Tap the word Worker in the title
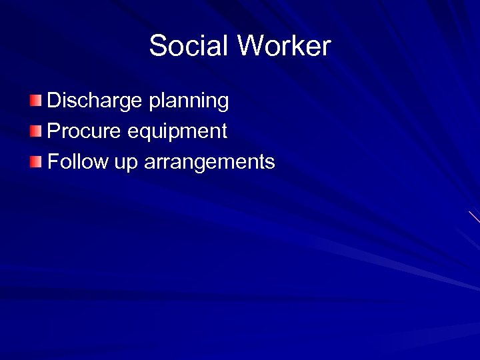tap(284, 47)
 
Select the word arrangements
tap(209, 162)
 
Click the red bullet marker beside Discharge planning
tap(35, 101)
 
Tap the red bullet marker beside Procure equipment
tap(35, 131)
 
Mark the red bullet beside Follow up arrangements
tap(35, 161)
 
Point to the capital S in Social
tap(159, 47)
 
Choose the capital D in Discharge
tap(54, 101)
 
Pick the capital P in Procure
tap(53, 131)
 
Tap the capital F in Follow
tap(53, 161)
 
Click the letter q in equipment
tap(144, 133)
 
